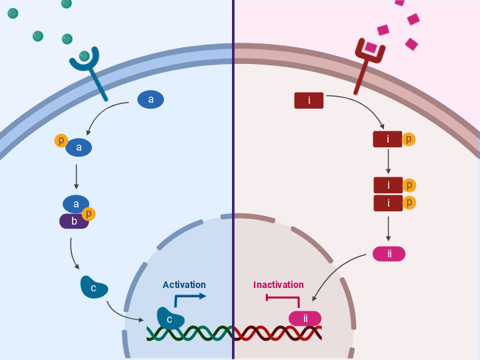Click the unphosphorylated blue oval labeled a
pyautogui.click(x=151, y=100)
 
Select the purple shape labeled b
pyautogui.click(x=73, y=221)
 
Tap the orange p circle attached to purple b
pyautogui.click(x=88, y=213)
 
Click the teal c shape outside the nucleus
pyautogui.click(x=94, y=287)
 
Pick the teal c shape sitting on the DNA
pyautogui.click(x=170, y=318)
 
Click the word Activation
pyautogui.click(x=184, y=285)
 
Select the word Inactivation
pyautogui.click(x=278, y=285)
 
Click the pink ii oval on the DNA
pyautogui.click(x=305, y=319)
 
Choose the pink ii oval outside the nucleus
pyautogui.click(x=389, y=253)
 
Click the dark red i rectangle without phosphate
pyautogui.click(x=309, y=101)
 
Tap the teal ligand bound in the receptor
pyautogui.click(x=85, y=56)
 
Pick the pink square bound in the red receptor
pyautogui.click(x=370, y=47)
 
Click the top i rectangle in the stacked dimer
pyautogui.click(x=388, y=185)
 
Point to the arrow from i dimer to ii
pyautogui.click(x=389, y=229)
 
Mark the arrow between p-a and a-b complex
pyautogui.click(x=77, y=177)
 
